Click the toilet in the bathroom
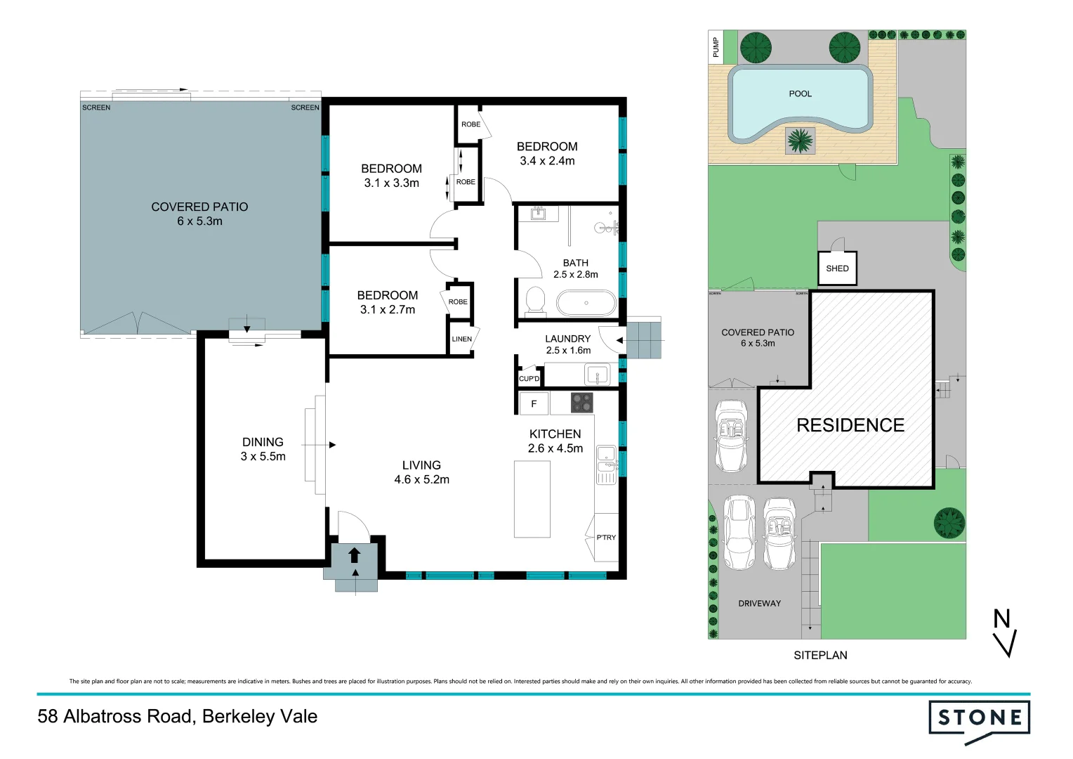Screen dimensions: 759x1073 tap(535, 300)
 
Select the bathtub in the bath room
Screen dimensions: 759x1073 tap(586, 304)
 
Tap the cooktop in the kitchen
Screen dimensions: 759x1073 tap(581, 403)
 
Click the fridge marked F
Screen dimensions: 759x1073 tap(534, 404)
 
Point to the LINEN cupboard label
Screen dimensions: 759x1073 tap(462, 339)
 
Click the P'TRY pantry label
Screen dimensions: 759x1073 tap(606, 538)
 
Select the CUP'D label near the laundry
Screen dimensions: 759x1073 tap(529, 379)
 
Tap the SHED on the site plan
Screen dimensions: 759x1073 tap(837, 268)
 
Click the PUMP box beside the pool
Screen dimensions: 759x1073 tap(716, 47)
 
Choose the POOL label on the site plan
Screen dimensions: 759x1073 tap(800, 93)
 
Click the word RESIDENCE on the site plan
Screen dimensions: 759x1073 tap(850, 425)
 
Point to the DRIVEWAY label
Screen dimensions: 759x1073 tap(759, 604)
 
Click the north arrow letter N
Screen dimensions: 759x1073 tap(1001, 619)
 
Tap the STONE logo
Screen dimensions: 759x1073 tap(980, 718)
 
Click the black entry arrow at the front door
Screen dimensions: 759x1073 tap(355, 555)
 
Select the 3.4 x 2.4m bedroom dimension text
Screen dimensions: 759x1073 tap(547, 161)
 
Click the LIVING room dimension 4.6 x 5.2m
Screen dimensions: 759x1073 tap(421, 480)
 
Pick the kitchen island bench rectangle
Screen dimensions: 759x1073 tap(532, 499)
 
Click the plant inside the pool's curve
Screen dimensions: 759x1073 tap(800, 141)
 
